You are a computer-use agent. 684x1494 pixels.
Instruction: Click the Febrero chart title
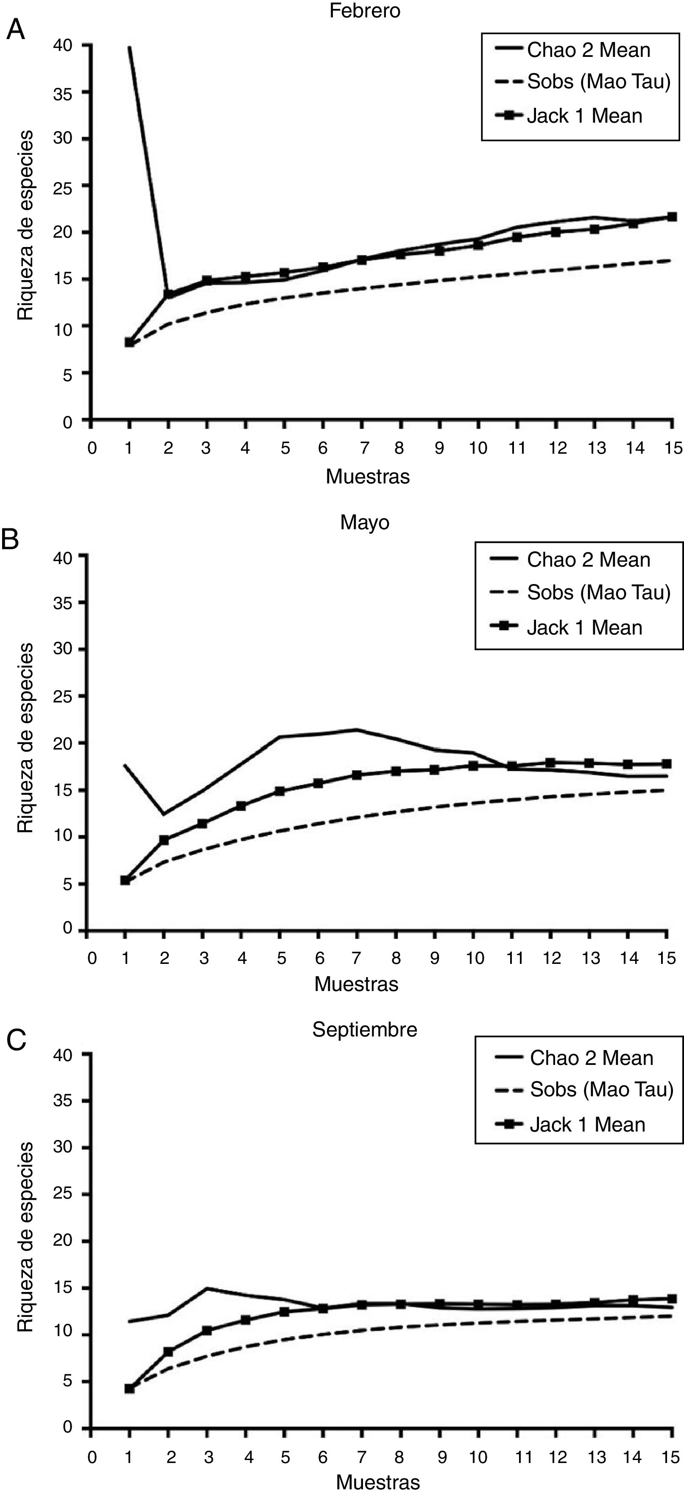365,11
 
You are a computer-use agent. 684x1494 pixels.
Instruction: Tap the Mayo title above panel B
365,522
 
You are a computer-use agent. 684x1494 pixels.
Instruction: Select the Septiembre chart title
365,1029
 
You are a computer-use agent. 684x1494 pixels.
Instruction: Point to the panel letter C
16,1039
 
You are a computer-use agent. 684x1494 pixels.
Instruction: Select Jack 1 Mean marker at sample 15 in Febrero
672,217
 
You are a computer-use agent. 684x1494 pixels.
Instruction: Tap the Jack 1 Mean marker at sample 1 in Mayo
125,880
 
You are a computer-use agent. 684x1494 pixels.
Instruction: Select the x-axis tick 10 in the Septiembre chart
478,1457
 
